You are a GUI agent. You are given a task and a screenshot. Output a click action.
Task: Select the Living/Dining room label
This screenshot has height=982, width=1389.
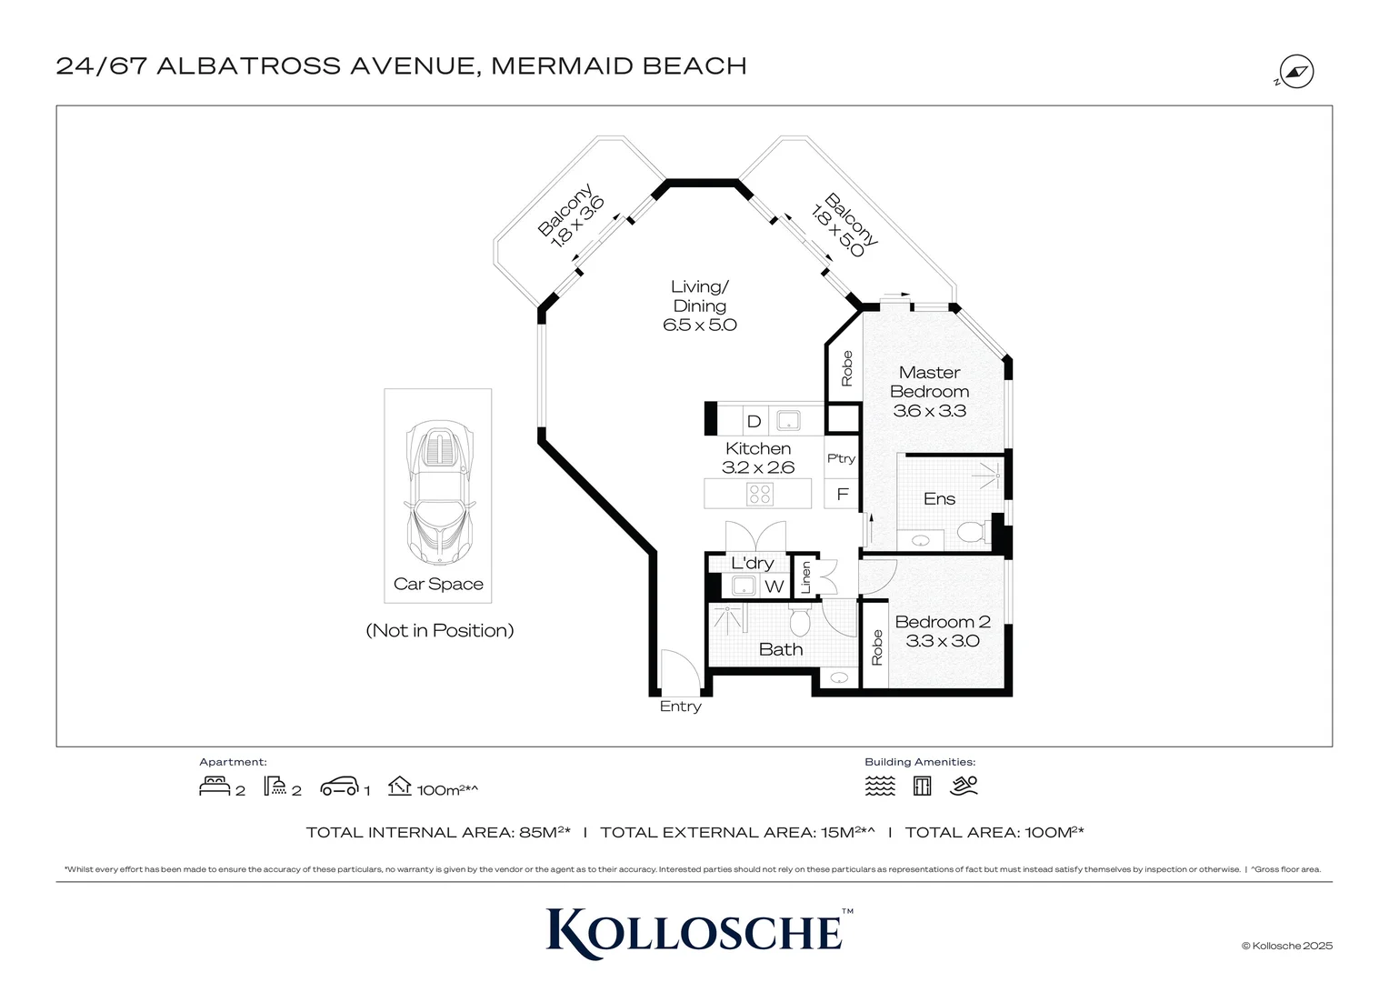click(x=699, y=296)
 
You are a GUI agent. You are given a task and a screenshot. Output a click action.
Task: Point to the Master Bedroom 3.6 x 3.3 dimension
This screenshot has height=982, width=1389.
click(x=929, y=411)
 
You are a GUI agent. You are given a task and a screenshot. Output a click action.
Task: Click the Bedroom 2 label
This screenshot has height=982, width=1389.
click(x=942, y=622)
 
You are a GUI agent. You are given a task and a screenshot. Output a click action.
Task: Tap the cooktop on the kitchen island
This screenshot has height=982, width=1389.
click(x=759, y=494)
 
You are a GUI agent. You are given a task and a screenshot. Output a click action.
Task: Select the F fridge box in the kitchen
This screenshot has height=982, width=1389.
click(x=842, y=495)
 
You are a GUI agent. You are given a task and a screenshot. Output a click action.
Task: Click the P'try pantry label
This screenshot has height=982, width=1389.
click(x=841, y=459)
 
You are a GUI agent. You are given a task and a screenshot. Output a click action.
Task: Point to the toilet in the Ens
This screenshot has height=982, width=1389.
click(x=972, y=531)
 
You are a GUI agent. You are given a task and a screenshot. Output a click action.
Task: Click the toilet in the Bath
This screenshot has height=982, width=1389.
click(x=800, y=622)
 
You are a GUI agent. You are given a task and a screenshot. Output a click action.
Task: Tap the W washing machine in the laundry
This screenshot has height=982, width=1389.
click(x=774, y=586)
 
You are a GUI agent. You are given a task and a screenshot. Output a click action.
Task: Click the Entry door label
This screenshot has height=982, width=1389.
click(x=680, y=706)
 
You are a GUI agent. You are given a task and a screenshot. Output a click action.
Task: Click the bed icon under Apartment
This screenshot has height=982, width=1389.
click(x=215, y=787)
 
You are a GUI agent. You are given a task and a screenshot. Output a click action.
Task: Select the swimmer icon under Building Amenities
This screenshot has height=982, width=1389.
click(x=964, y=787)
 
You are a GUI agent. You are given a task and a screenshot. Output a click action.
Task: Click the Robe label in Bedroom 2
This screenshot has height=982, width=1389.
click(x=876, y=647)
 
